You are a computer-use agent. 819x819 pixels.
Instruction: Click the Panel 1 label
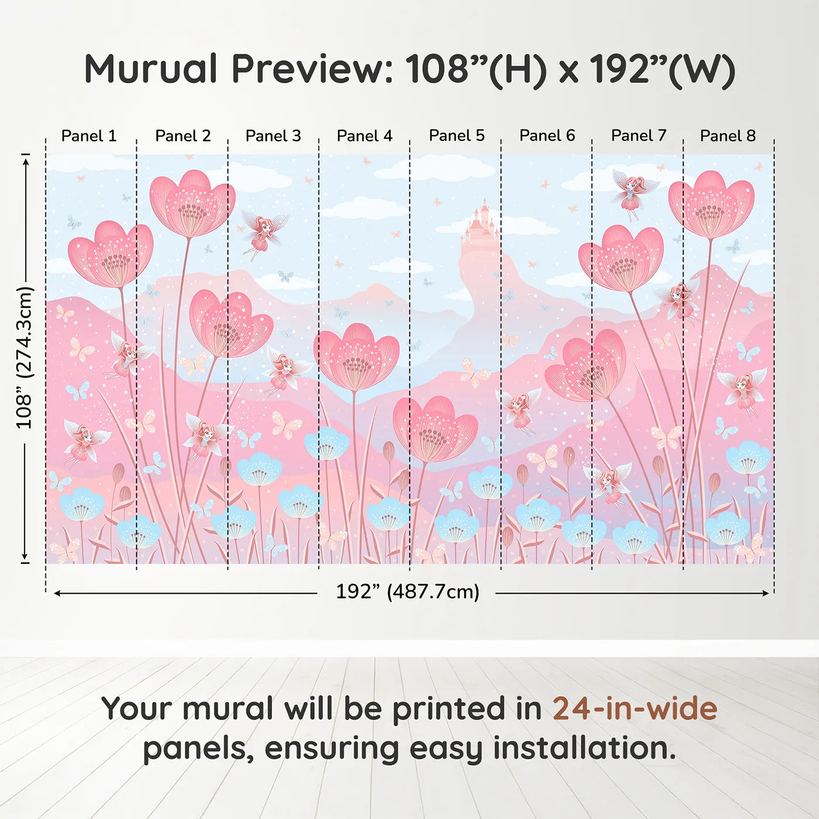pyautogui.click(x=89, y=136)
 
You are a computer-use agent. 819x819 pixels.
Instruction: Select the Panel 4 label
pyautogui.click(x=364, y=136)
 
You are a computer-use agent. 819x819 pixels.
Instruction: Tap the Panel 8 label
pyautogui.click(x=728, y=136)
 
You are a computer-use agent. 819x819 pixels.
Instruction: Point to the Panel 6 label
pyautogui.click(x=547, y=136)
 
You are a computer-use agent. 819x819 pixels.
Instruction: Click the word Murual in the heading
pyautogui.click(x=151, y=68)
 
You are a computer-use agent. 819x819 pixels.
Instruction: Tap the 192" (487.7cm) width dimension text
pyautogui.click(x=408, y=591)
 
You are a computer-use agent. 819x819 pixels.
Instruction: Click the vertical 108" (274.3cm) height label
pyautogui.click(x=25, y=357)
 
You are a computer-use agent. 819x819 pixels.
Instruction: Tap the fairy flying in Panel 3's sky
pyautogui.click(x=263, y=235)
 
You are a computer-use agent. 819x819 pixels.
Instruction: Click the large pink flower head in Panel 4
pyautogui.click(x=356, y=357)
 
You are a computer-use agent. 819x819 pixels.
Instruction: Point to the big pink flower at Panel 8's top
pyautogui.click(x=711, y=204)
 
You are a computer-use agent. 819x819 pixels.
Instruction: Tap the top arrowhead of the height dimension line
pyautogui.click(x=26, y=161)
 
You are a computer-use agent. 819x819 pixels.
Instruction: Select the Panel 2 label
pyautogui.click(x=183, y=136)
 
